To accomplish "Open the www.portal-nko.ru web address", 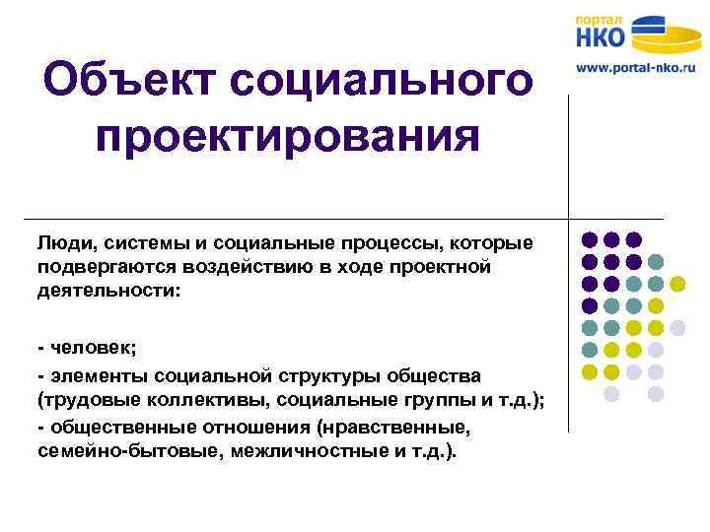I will (636, 69).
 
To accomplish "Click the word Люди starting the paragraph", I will (62, 243).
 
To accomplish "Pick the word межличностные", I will (288, 453).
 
